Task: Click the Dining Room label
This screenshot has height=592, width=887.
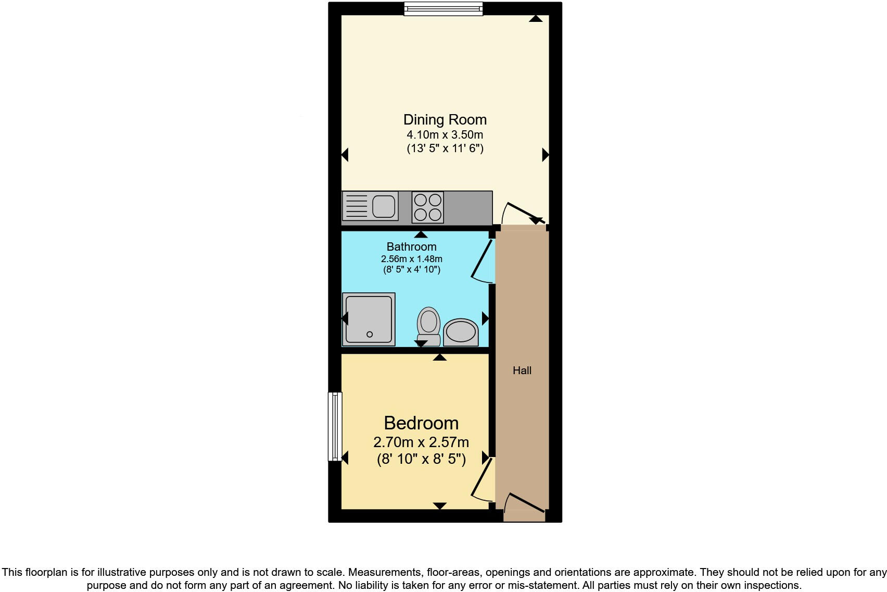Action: (445, 119)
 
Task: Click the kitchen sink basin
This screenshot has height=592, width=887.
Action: (384, 206)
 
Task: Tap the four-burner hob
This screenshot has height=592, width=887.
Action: (428, 207)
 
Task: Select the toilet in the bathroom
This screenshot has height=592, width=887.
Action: (428, 325)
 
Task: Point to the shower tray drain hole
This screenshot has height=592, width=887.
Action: (370, 335)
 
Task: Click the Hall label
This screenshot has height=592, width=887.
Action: (522, 371)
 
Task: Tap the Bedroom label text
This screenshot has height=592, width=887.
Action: (421, 423)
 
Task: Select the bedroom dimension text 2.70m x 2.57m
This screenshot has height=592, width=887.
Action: (421, 442)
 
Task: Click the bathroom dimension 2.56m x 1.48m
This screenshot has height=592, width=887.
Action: (411, 259)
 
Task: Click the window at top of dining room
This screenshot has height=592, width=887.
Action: (443, 9)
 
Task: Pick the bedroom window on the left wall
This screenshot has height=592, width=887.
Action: (335, 426)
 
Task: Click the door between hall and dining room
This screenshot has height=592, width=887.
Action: (523, 213)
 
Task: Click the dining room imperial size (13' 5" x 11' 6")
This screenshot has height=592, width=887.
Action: (445, 149)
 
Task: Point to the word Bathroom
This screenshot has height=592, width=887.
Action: (411, 246)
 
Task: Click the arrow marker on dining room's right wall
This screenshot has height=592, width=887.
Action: (545, 155)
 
